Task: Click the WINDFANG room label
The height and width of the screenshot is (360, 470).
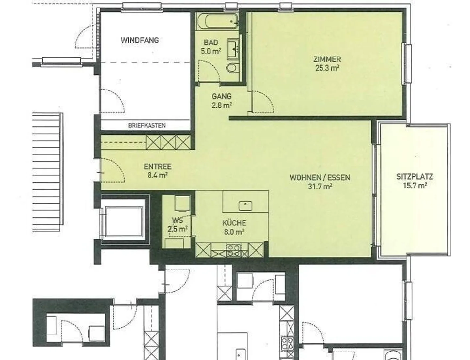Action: [x=140, y=40]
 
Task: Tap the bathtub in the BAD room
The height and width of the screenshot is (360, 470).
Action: [x=217, y=22]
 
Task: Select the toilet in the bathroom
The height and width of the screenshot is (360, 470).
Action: [x=232, y=68]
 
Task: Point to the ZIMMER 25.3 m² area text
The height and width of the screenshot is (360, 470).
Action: [x=327, y=64]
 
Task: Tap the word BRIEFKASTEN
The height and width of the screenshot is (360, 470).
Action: [x=147, y=125]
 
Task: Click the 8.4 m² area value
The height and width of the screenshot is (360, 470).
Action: [x=157, y=175]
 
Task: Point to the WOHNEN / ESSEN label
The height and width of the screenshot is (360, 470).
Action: [x=320, y=178]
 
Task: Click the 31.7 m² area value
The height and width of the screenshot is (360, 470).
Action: [x=320, y=187]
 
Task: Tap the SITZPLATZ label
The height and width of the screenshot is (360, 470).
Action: [x=415, y=177]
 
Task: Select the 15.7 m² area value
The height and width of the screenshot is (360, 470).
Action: [x=415, y=186]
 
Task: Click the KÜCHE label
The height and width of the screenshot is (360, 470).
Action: [x=234, y=223]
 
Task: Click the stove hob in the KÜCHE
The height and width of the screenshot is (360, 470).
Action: [x=234, y=250]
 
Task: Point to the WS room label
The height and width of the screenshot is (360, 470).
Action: [x=177, y=220]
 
